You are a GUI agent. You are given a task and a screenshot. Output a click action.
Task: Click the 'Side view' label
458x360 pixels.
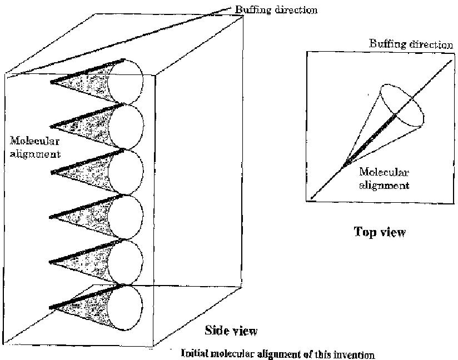pyautogui.click(x=231, y=331)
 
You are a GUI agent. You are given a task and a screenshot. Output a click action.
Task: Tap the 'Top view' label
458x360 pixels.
pyautogui.click(x=380, y=232)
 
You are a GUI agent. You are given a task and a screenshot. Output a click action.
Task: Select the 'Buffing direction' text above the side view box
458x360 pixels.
pyautogui.click(x=276, y=10)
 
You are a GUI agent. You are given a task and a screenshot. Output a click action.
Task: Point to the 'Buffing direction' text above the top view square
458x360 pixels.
pyautogui.click(x=411, y=44)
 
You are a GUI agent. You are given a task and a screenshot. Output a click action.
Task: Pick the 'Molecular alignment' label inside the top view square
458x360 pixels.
pyautogui.click(x=384, y=179)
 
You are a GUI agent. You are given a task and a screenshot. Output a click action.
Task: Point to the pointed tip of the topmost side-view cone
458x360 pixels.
pyautogui.click(x=51, y=83)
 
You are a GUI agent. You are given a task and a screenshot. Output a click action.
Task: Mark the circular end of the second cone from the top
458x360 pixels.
pyautogui.click(x=126, y=127)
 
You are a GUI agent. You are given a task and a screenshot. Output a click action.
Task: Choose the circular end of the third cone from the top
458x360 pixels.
pyautogui.click(x=126, y=172)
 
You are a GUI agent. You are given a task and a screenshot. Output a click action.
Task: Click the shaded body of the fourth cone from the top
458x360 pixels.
pyautogui.click(x=89, y=216)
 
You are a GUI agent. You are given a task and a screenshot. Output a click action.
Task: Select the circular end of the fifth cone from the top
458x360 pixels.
pyautogui.click(x=126, y=262)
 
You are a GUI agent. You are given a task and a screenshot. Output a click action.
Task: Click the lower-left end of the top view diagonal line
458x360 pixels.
pyautogui.click(x=312, y=197)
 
